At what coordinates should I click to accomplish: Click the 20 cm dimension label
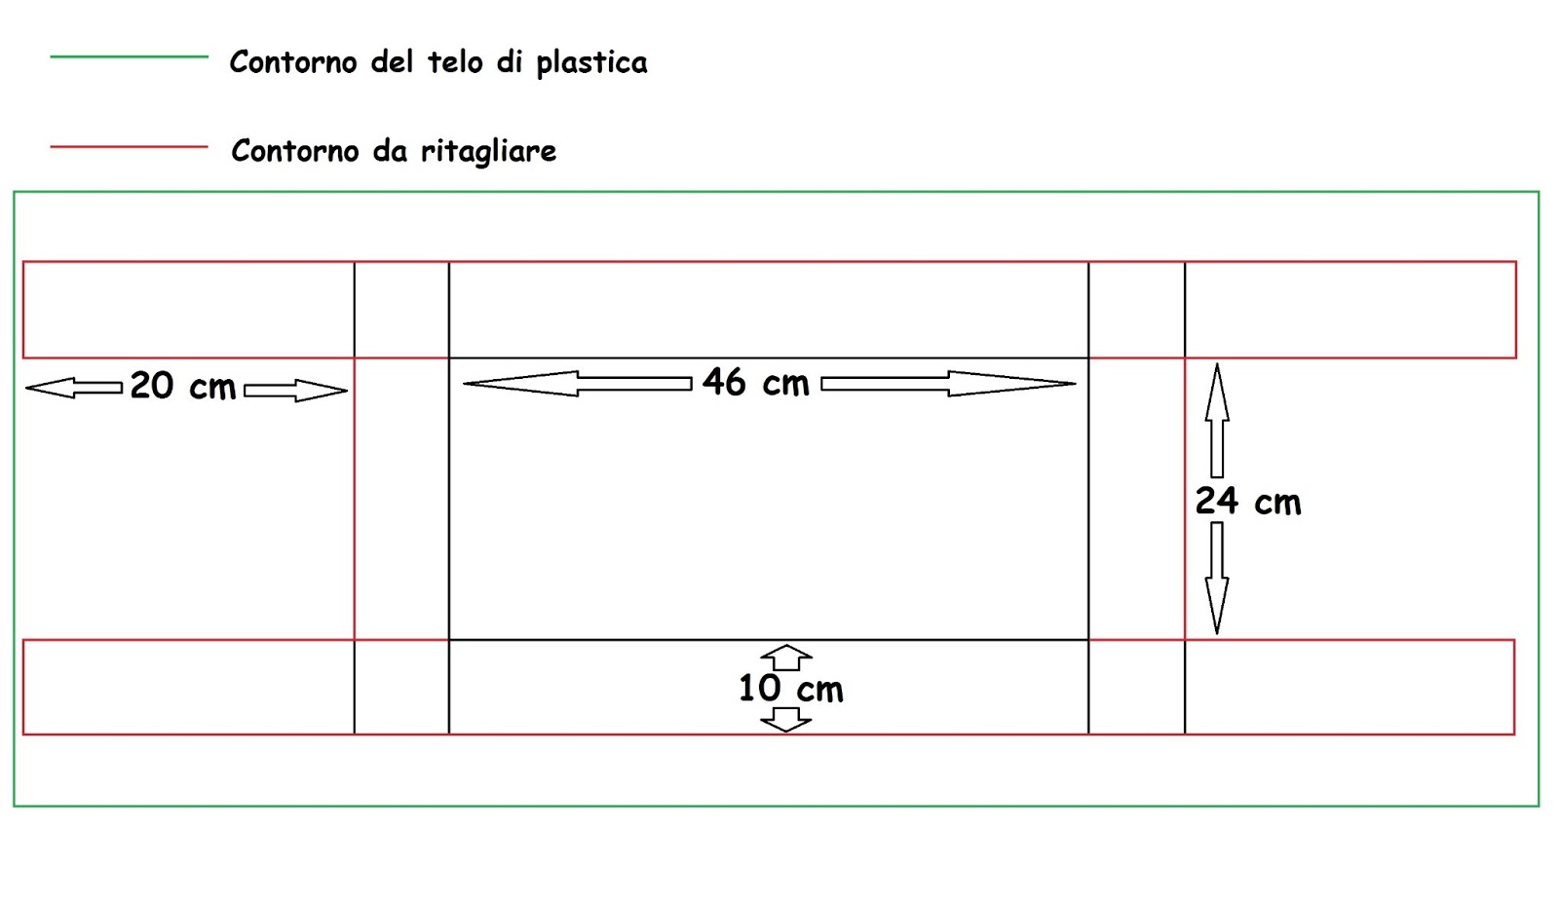[x=183, y=386]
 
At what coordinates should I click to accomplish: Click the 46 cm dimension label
[x=756, y=382]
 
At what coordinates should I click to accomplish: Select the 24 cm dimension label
[x=1248, y=501]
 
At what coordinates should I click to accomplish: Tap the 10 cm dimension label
[x=790, y=689]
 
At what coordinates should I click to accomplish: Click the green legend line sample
[x=130, y=56]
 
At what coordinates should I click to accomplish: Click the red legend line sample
[x=130, y=147]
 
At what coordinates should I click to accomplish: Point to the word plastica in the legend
[x=591, y=63]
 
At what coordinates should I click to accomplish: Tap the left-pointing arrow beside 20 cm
[x=74, y=388]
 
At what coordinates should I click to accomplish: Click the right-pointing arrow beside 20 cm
[x=296, y=391]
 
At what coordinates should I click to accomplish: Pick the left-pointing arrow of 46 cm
[x=578, y=384]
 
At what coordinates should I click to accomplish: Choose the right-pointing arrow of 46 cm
[x=948, y=384]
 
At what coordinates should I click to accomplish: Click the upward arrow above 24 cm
[x=1217, y=420]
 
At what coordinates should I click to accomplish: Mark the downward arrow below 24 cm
[x=1217, y=578]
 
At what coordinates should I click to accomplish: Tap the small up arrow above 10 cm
[x=785, y=657]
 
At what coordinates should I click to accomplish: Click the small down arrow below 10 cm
[x=785, y=720]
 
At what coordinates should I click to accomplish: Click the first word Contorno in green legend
[x=294, y=62]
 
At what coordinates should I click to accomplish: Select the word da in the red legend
[x=390, y=150]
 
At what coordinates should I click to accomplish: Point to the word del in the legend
[x=394, y=62]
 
